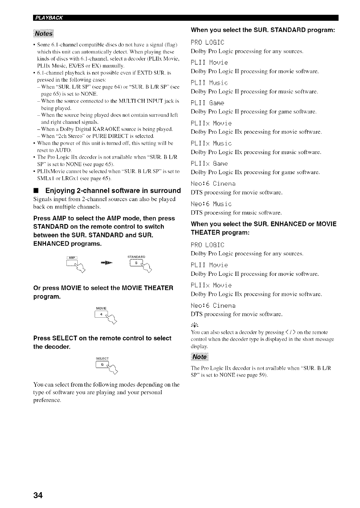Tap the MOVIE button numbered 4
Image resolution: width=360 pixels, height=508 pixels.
(101, 315)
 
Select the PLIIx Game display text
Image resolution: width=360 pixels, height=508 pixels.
(209, 164)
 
